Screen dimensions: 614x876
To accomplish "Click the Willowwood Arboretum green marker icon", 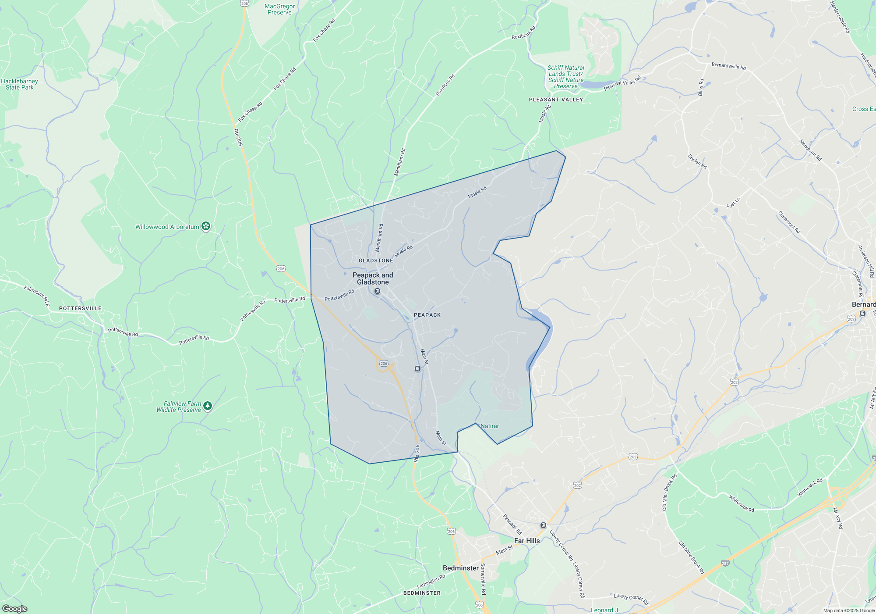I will [x=206, y=226].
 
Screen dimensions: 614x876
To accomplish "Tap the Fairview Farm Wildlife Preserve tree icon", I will [x=208, y=406].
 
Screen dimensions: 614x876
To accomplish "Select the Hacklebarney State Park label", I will [x=19, y=84].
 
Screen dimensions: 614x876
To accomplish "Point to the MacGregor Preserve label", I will [x=280, y=9].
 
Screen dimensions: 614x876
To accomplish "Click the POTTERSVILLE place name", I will [x=80, y=308].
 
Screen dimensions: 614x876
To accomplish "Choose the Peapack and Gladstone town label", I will [x=373, y=278].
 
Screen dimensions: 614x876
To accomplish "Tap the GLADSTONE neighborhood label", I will [x=376, y=261].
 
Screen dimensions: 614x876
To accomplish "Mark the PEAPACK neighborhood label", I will [x=427, y=315].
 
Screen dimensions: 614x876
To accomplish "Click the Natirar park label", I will [x=490, y=426].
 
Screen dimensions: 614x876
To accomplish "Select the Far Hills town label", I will [x=527, y=541].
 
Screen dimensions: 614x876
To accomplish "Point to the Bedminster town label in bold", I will [x=461, y=568].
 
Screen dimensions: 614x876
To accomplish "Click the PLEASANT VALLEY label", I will [x=556, y=100].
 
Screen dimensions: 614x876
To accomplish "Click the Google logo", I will [x=14, y=608].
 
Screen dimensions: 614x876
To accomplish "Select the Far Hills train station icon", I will [x=543, y=525].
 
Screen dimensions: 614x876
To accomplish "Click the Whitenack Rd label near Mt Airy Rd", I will [x=810, y=487].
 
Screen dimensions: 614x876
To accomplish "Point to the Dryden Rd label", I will [x=697, y=161].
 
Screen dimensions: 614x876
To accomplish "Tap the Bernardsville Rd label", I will [x=728, y=66].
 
